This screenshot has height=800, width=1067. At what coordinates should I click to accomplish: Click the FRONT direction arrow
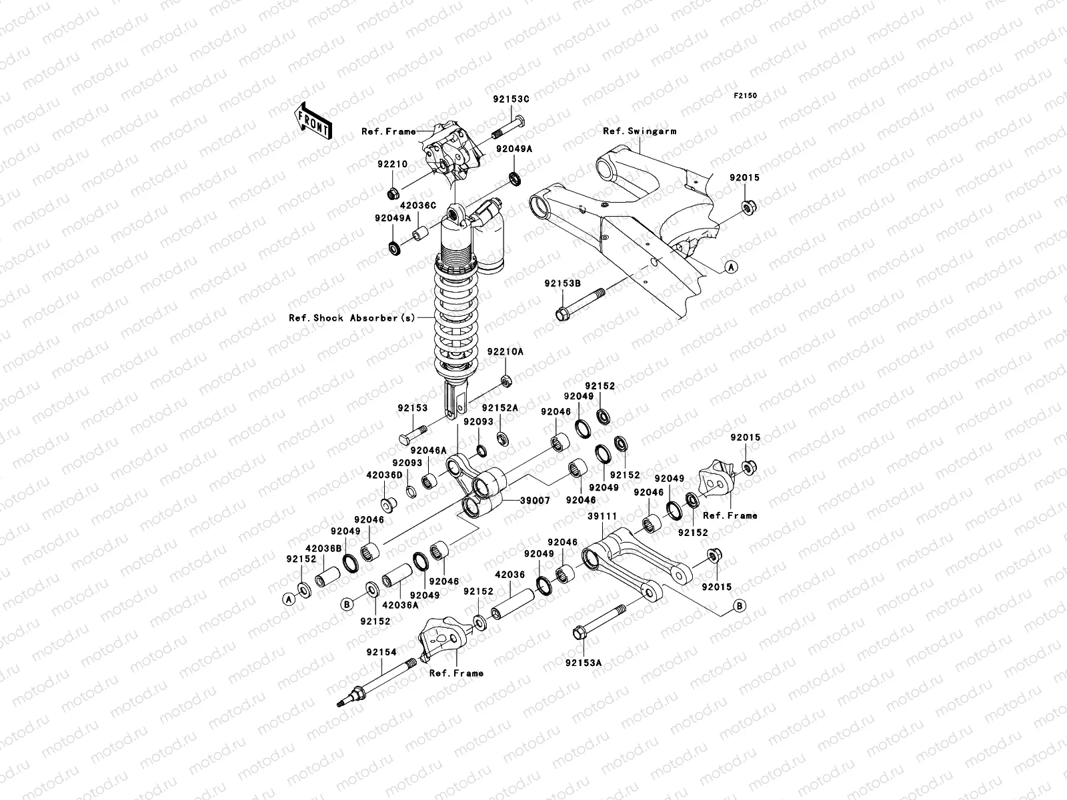(313, 121)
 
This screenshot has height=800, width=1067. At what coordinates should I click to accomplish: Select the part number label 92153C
(511, 99)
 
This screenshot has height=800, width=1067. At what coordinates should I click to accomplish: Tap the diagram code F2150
(745, 96)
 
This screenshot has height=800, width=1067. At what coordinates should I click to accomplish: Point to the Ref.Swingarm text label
(640, 131)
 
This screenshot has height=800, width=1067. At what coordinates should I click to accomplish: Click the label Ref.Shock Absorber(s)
(352, 318)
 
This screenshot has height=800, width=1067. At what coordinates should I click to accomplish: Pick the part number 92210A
(505, 352)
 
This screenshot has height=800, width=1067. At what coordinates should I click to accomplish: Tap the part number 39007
(535, 501)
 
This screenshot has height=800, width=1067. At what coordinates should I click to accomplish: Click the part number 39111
(602, 516)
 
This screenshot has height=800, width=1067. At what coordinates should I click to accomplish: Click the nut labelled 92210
(393, 194)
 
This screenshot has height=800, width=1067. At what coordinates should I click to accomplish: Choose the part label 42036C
(418, 205)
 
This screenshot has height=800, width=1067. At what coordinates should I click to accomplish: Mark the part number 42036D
(385, 475)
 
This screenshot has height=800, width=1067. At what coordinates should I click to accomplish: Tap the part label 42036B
(323, 549)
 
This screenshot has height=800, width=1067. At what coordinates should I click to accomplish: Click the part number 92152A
(499, 409)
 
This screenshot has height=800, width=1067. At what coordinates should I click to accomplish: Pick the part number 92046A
(428, 451)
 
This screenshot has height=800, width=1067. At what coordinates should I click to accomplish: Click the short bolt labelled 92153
(413, 435)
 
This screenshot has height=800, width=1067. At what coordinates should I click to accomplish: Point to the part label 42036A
(400, 605)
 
